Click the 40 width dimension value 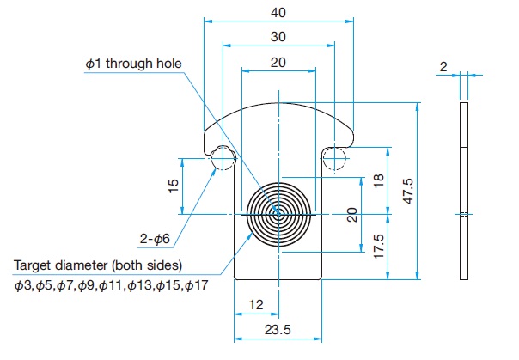coord(278,13)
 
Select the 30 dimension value coord(278,37)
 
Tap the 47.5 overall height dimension coord(408,192)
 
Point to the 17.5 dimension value coord(379,247)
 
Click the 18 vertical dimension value coord(379,180)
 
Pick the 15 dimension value coord(174,186)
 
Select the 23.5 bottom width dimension coord(278,330)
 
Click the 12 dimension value coord(256,305)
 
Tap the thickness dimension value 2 coord(443,67)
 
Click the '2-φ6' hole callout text coord(155,239)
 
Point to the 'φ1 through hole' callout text coord(134,64)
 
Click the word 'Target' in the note coord(32,265)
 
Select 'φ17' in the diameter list coord(197,285)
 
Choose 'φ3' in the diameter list coord(22,285)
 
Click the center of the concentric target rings coord(278,215)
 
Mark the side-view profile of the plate coord(464,192)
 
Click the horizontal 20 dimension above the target coord(278,63)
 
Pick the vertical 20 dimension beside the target coord(353,215)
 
